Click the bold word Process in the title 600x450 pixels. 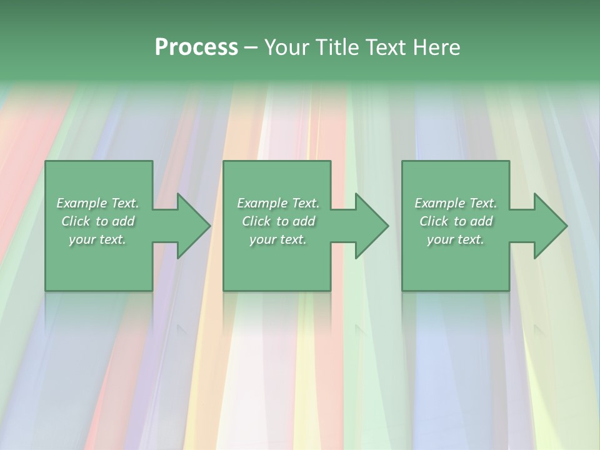point(196,47)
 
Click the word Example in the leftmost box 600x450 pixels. point(81,203)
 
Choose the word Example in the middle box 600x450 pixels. point(262,203)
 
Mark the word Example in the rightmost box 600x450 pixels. point(439,203)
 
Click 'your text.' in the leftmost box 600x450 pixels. point(97,239)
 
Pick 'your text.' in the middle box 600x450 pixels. point(278,239)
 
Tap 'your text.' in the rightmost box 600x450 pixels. point(456,239)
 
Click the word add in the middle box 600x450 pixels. point(304,221)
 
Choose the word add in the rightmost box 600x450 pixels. point(481,221)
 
